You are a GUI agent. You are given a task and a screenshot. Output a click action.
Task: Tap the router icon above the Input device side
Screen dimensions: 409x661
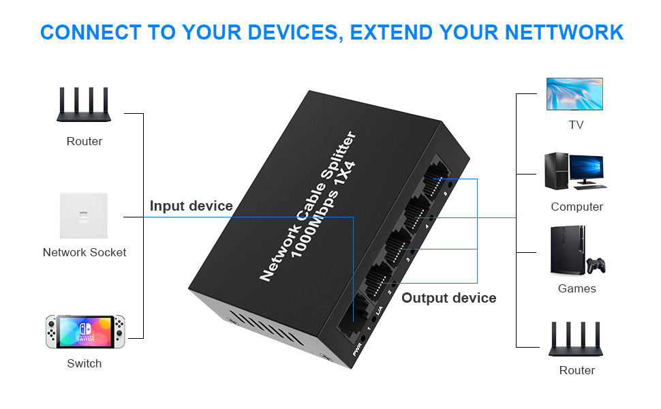click(84, 104)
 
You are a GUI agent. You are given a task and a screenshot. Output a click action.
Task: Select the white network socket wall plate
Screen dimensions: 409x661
click(84, 215)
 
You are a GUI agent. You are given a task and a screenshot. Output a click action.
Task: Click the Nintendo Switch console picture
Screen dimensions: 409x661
click(84, 331)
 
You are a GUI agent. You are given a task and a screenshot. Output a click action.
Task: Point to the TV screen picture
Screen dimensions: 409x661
click(574, 93)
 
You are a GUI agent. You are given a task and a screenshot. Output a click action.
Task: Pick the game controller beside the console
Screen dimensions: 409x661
click(596, 264)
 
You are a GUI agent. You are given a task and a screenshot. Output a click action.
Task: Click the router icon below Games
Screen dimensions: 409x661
click(577, 339)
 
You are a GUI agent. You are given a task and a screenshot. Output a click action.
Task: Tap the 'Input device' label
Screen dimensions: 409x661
click(191, 206)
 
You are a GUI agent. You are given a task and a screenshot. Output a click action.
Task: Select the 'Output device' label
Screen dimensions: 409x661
click(448, 298)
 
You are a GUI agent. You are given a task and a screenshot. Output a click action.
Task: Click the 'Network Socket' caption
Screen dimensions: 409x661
click(84, 252)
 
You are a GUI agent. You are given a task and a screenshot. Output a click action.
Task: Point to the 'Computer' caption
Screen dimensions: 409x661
click(577, 207)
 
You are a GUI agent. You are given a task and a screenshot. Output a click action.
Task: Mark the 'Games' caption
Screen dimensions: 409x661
click(577, 288)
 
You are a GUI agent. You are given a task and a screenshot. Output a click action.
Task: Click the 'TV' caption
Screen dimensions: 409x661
click(576, 125)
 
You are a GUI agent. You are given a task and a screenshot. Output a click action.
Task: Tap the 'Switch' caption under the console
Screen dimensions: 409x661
click(84, 363)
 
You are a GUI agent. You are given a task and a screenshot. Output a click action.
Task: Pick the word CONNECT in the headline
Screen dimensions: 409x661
click(91, 32)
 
